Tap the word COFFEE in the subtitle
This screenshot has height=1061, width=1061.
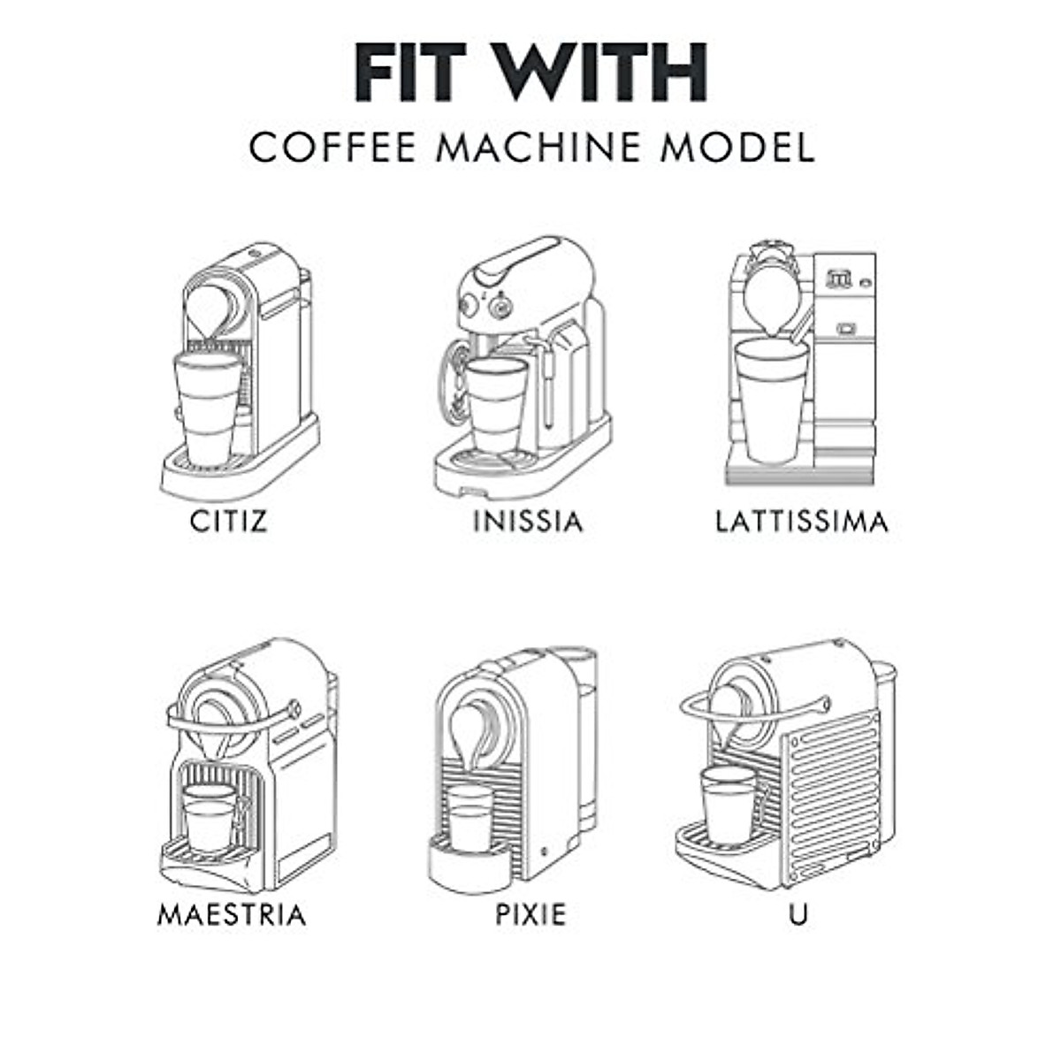[332, 148]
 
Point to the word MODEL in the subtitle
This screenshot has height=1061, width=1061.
[737, 148]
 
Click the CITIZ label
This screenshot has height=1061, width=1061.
[228, 521]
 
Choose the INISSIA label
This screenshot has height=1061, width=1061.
[528, 521]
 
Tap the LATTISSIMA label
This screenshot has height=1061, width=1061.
[801, 521]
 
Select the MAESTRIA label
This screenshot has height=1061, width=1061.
[232, 914]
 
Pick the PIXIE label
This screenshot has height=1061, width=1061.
[530, 914]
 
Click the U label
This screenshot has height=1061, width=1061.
[798, 914]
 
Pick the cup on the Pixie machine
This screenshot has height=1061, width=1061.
[469, 818]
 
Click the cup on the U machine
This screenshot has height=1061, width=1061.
[729, 803]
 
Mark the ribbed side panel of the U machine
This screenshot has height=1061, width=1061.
[831, 787]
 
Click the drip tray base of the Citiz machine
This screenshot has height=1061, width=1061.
[239, 473]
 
